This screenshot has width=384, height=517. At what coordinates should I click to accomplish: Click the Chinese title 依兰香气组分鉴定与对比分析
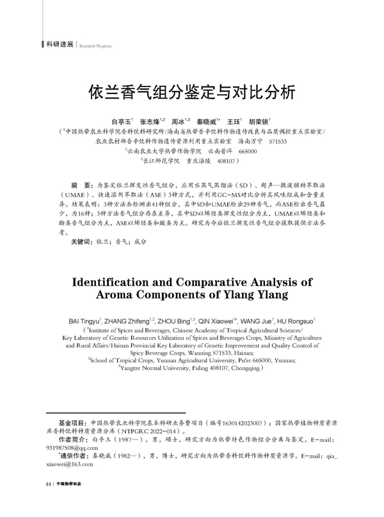(x=192, y=93)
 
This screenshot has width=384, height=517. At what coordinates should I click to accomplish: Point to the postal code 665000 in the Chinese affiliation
(x=247, y=152)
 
